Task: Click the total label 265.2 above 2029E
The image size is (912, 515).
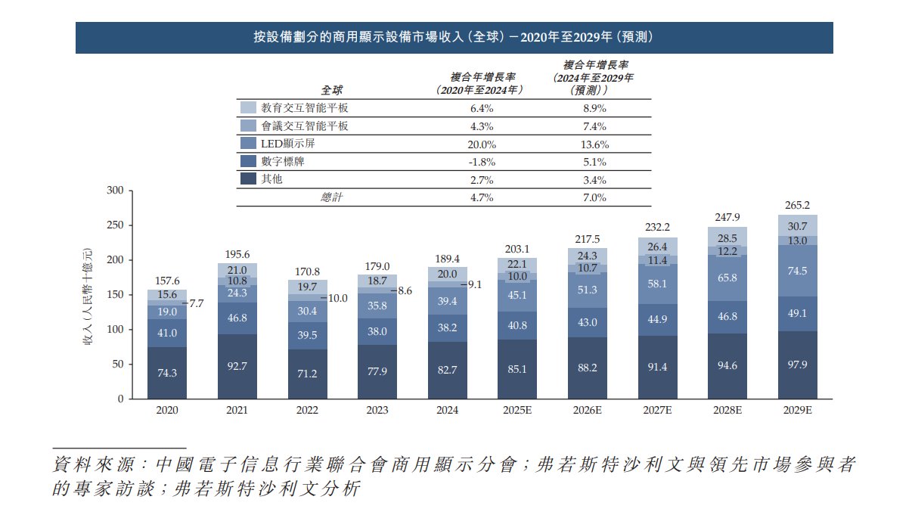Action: point(798,205)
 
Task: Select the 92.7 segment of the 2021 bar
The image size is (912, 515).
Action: point(237,367)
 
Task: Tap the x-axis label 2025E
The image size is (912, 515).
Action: point(517,410)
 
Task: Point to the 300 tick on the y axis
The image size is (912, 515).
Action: point(114,191)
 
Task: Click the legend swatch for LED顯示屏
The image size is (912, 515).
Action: point(248,144)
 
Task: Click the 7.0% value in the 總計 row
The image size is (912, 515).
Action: point(594,198)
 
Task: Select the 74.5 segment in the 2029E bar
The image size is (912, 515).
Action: point(798,270)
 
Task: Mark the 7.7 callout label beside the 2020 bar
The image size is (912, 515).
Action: point(196,304)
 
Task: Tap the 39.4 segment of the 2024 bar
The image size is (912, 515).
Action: point(448,302)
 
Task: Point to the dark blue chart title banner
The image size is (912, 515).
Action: point(454,37)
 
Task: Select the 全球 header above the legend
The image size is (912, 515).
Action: point(332,90)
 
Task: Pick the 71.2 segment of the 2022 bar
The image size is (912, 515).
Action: point(308,374)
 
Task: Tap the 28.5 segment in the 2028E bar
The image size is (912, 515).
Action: point(727,237)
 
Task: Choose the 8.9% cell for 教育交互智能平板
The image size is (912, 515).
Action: point(594,108)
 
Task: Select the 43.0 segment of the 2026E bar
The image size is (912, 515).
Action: point(588,322)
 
